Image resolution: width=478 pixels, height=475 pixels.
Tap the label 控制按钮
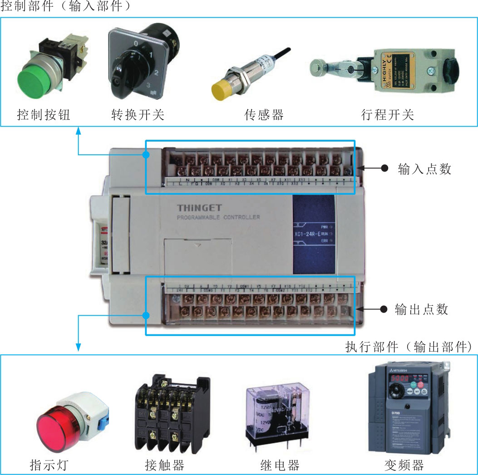pos(44,114)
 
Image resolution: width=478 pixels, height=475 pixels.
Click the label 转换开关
pos(138,114)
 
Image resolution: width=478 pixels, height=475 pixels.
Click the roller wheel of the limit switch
pos(317,68)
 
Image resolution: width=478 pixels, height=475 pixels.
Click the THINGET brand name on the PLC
pos(199,208)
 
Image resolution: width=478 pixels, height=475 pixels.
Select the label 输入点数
pos(424,169)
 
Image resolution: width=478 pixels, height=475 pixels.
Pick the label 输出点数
pos(422,309)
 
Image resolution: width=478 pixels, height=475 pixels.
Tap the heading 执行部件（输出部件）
pos(408,347)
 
